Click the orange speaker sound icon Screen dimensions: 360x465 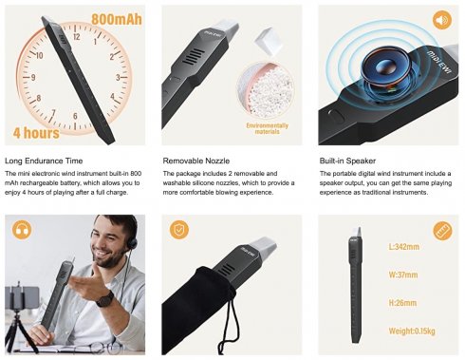[440, 19]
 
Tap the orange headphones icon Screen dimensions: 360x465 [19, 229]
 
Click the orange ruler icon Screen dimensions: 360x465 [441, 230]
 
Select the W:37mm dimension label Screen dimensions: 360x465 [406, 276]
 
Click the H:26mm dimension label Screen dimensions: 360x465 [405, 304]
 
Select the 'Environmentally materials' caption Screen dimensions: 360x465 [267, 129]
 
